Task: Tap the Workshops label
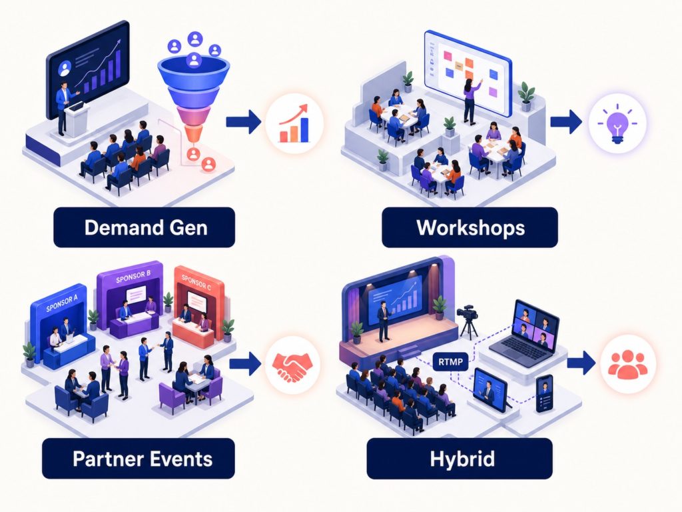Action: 470,227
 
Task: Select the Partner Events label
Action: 139,459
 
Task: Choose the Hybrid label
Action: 460,459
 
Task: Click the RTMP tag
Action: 451,361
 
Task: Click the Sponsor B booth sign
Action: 133,277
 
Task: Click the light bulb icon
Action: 617,123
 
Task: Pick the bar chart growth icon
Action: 294,123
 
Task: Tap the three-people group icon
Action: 628,364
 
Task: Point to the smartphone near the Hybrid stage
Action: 545,393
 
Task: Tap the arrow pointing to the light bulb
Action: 566,121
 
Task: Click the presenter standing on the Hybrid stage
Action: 384,321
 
